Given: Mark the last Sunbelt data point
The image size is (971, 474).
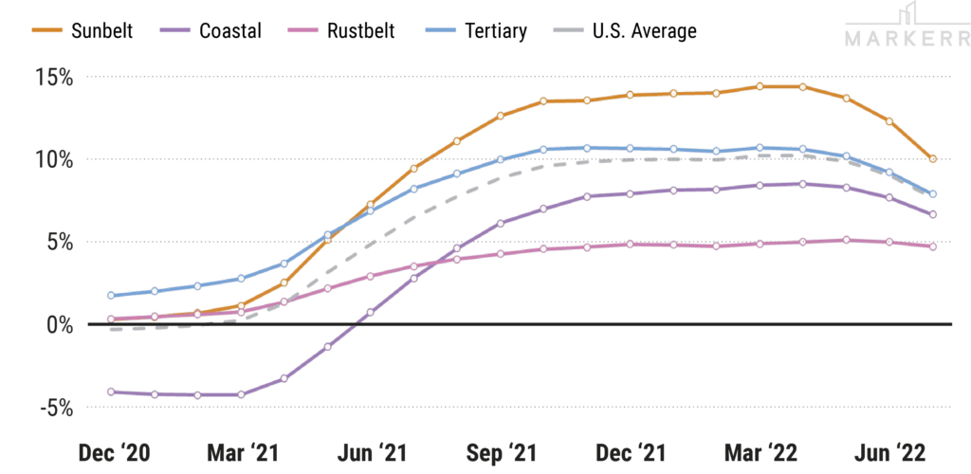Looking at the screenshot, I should (x=933, y=159).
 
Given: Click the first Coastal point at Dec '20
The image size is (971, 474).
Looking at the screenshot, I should (x=111, y=392).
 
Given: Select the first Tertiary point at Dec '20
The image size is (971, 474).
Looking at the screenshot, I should (x=111, y=296).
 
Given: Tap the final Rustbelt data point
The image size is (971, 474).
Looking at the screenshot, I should (x=933, y=246).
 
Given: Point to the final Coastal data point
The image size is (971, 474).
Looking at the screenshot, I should (x=933, y=215).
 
